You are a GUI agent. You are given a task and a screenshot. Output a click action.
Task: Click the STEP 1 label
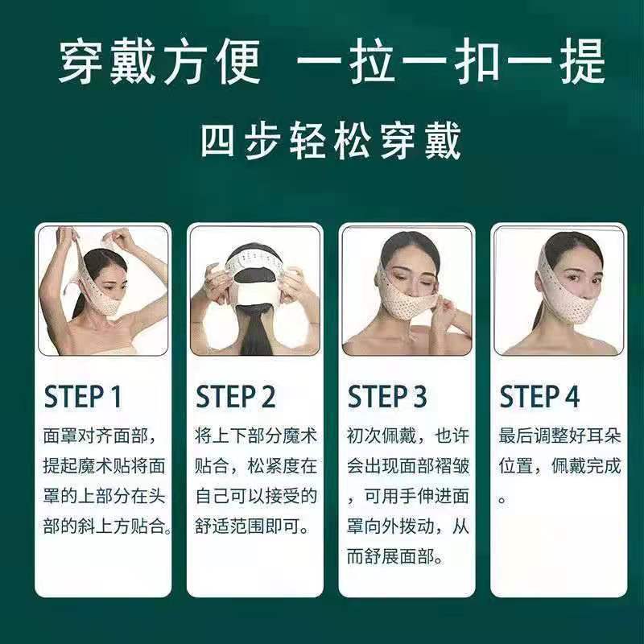(83, 396)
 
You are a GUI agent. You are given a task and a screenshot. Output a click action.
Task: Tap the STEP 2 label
(235, 396)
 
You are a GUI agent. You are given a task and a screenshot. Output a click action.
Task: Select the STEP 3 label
(387, 396)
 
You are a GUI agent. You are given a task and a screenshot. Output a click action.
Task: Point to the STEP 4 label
(539, 396)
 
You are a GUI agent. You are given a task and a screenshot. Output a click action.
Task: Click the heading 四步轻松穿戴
(331, 141)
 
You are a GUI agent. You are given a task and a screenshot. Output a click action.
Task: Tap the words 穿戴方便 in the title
(159, 62)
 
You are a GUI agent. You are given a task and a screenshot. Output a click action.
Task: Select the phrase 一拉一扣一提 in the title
(451, 62)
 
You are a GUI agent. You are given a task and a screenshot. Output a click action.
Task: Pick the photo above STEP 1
(103, 291)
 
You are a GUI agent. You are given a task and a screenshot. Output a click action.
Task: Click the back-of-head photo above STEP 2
(255, 291)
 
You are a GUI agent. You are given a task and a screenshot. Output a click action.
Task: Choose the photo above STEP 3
(407, 291)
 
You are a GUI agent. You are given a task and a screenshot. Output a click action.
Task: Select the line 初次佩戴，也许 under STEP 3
(408, 436)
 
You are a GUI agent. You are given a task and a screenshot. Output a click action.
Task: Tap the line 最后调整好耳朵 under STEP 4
(559, 436)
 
